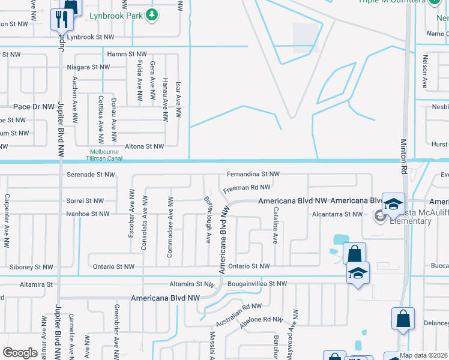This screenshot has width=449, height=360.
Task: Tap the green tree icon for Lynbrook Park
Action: pyautogui.click(x=152, y=14)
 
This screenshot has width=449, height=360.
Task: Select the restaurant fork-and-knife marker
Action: pyautogui.click(x=62, y=20)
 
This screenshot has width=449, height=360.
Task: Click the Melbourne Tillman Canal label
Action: pyautogui.click(x=114, y=155)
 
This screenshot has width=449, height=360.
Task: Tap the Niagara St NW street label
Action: pyautogui.click(x=88, y=67)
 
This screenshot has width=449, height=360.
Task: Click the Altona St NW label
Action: pyautogui.click(x=144, y=146)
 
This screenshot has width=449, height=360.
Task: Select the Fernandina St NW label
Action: pyautogui.click(x=253, y=175)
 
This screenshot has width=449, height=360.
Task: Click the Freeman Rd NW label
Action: pyautogui.click(x=247, y=188)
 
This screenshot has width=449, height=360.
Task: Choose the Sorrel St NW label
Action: pyautogui.click(x=85, y=201)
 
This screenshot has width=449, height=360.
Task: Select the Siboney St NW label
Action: pyautogui.click(x=31, y=267)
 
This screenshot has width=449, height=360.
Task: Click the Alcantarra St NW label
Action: pyautogui.click(x=337, y=214)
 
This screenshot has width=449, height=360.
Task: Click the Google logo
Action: pyautogui.click(x=20, y=353)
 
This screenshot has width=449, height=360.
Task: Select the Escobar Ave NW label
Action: pyautogui.click(x=131, y=214)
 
